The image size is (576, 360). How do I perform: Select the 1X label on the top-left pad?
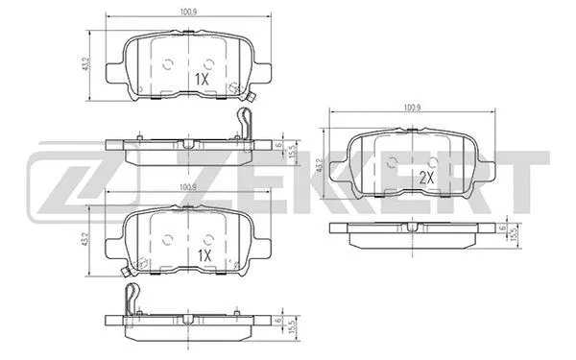point(203,79)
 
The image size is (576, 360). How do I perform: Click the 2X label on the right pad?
point(426,178)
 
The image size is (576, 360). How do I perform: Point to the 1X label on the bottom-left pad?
point(203,256)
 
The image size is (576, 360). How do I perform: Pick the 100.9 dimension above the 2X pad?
point(412,108)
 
